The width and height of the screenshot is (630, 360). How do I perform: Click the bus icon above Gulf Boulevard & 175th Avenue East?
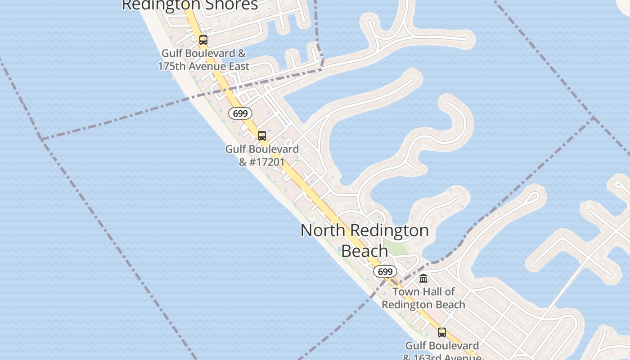click(203, 40)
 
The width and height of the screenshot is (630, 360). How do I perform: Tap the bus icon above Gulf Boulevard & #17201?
click(261, 135)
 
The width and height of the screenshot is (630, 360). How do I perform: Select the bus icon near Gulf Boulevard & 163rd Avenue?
click(442, 333)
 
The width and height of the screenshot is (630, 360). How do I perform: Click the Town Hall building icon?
click(423, 279)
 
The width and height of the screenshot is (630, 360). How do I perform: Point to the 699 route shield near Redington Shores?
click(240, 113)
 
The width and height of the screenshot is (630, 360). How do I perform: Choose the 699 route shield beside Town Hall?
click(385, 272)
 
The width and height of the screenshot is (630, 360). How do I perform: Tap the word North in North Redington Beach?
click(323, 230)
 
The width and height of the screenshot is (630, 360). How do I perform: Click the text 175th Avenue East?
click(203, 66)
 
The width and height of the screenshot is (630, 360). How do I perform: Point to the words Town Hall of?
click(423, 292)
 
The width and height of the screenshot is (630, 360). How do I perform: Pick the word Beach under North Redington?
click(364, 251)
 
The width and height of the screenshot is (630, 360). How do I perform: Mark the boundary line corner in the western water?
click(40, 139)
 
